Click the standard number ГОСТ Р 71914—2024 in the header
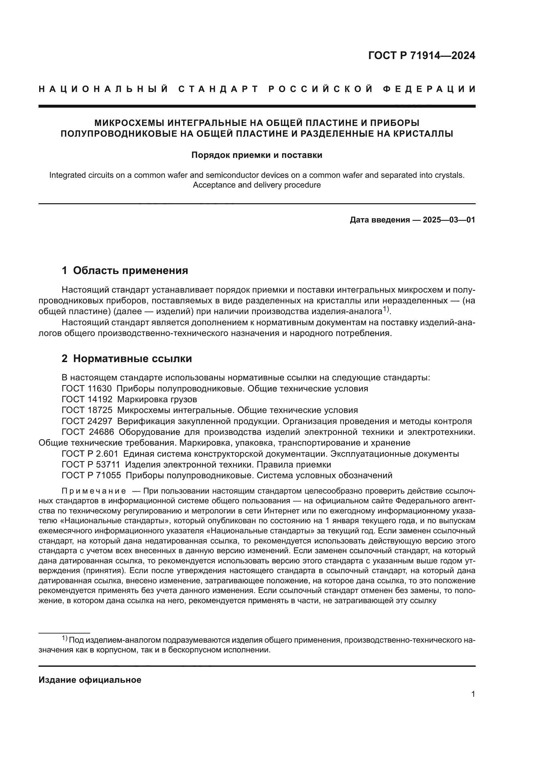(x=421, y=55)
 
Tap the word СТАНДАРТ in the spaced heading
(x=218, y=89)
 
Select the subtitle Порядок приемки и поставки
(x=257, y=155)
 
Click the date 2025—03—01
(x=449, y=220)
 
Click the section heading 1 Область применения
(x=125, y=270)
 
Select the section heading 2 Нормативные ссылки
(x=127, y=359)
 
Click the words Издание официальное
(x=90, y=680)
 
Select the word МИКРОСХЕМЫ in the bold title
(x=129, y=123)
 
